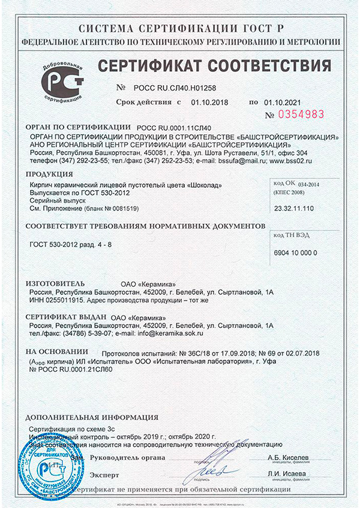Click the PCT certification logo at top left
point(62,80)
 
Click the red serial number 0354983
point(298,114)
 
